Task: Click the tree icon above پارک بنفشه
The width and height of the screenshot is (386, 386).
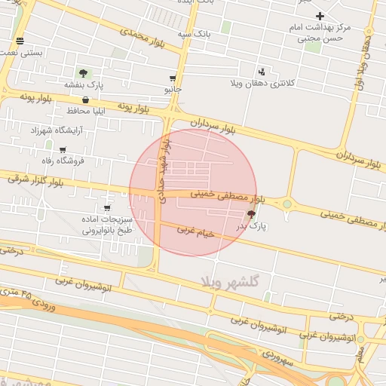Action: click(83, 73)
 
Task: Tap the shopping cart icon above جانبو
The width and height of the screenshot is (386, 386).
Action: click(173, 78)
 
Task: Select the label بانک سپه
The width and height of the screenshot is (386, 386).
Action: click(194, 34)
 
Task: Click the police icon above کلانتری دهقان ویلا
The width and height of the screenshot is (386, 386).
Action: click(262, 71)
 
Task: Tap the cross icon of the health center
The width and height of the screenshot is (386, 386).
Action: click(320, 16)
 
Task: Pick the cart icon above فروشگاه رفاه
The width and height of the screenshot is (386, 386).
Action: click(63, 149)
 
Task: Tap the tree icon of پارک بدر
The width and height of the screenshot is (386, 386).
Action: click(251, 215)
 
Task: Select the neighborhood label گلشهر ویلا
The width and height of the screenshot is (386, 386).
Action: click(231, 281)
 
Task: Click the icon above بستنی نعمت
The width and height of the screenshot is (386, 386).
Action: click(19, 41)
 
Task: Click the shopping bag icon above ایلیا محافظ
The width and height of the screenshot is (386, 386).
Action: click(85, 100)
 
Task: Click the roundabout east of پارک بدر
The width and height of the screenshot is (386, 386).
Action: click(286, 204)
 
